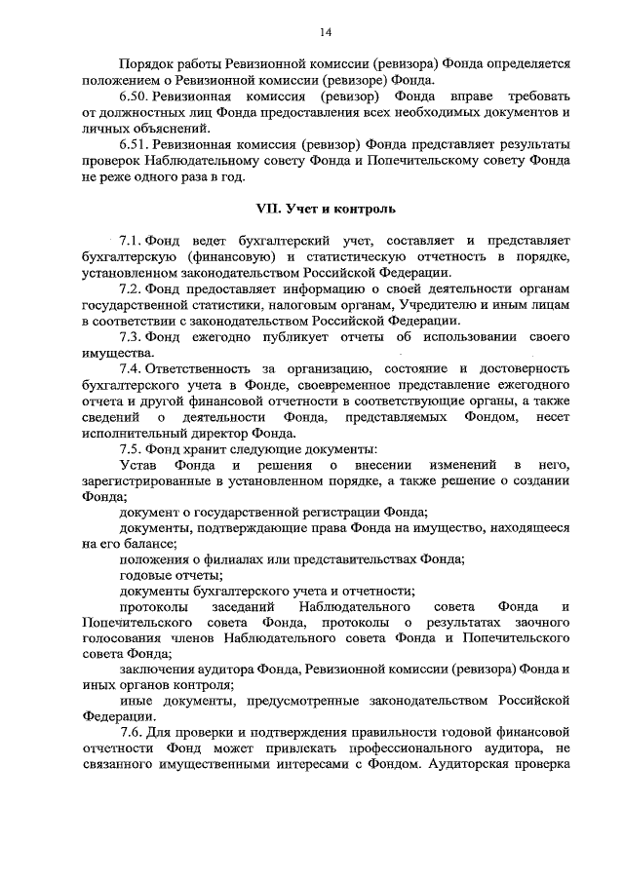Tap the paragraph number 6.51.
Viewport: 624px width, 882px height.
pos(136,145)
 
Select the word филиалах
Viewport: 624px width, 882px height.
pos(228,558)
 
